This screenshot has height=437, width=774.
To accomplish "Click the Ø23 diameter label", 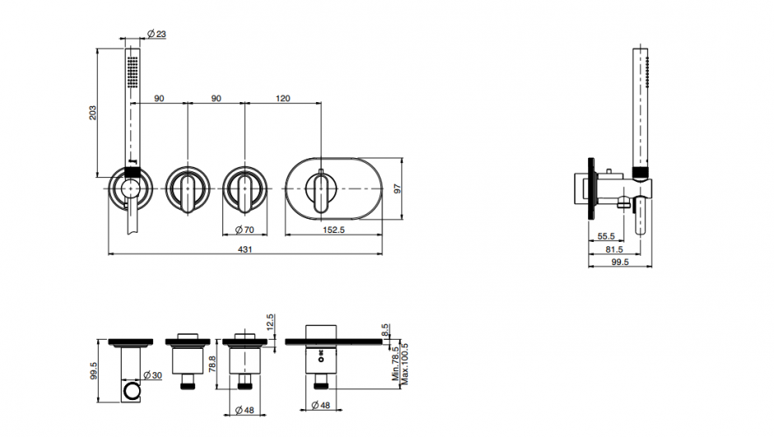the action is pos(157,34).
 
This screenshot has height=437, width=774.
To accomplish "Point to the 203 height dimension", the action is pos(93,113).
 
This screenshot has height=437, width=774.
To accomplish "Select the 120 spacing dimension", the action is pos(283,99).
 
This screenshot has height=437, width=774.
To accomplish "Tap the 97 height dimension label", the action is pos(398,188).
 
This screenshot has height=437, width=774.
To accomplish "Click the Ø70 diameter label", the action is pos(245,230).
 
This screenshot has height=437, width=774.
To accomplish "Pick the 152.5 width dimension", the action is pos(333,230).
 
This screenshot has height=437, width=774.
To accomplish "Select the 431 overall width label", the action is pos(245,249).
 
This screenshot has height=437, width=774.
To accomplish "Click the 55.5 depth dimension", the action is pos(606,237).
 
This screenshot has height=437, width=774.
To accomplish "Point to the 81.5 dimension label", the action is pos(614,249).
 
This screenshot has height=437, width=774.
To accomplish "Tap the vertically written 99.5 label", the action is pos(94,370).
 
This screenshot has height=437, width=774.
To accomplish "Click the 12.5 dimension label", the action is pos(269,323).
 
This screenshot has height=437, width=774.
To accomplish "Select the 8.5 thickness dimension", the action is pos(385,329).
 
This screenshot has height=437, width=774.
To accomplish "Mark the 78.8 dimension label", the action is pos(212,364).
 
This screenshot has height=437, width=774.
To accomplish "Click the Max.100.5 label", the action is pos(405,364).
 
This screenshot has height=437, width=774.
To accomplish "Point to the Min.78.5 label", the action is pos(395,364).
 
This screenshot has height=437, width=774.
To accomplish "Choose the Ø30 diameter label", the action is pos(152,375).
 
